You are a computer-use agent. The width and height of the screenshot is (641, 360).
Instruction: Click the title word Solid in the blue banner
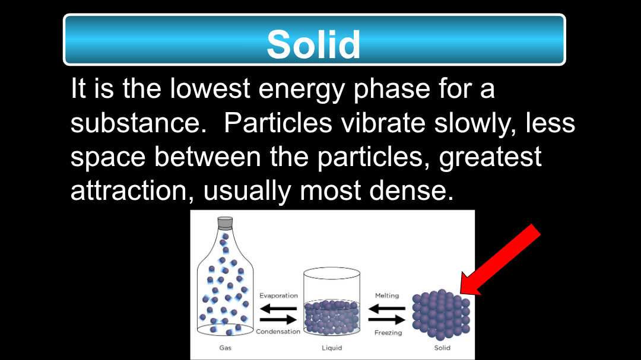click(313, 44)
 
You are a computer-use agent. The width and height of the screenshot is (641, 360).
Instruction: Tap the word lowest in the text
click(210, 88)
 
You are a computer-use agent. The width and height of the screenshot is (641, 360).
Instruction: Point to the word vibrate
click(383, 122)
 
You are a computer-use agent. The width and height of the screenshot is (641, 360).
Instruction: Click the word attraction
click(129, 190)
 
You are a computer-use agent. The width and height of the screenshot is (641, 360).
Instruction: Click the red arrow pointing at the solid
click(501, 259)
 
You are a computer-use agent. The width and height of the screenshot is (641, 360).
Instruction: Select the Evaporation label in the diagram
click(278, 295)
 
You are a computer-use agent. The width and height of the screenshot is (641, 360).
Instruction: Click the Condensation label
click(278, 332)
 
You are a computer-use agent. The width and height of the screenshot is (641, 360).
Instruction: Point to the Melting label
click(387, 295)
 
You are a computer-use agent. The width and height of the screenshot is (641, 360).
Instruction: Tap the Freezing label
click(388, 333)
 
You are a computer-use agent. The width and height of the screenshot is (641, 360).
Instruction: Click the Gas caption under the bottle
click(226, 348)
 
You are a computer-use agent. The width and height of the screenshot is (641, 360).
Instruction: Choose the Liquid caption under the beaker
click(332, 348)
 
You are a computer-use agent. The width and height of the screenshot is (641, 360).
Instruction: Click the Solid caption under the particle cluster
click(442, 348)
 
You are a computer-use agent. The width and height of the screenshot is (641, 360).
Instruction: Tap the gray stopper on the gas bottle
click(225, 222)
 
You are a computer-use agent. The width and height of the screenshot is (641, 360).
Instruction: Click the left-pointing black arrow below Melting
click(387, 308)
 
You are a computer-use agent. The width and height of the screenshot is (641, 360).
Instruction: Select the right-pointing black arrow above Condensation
click(278, 320)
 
